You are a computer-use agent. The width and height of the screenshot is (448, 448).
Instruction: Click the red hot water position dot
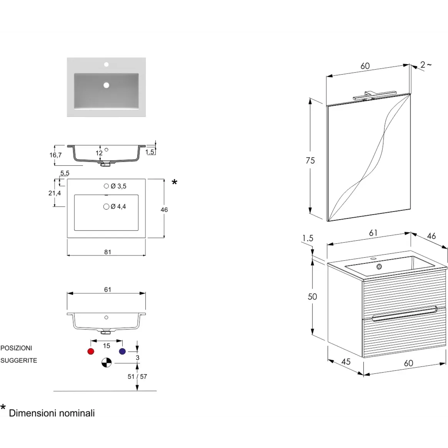(91, 351)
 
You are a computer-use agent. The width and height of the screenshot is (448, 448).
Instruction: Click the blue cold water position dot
(122, 351)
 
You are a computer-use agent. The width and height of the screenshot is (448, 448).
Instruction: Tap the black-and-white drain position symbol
(107, 363)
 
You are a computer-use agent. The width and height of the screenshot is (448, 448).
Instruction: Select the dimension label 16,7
(55, 155)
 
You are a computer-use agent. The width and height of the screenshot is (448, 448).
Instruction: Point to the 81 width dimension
(107, 252)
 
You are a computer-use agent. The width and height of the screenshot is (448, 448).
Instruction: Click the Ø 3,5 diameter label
(118, 186)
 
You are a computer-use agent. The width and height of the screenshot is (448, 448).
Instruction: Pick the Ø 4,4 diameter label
(118, 207)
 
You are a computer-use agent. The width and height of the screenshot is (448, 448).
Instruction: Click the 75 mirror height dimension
(310, 161)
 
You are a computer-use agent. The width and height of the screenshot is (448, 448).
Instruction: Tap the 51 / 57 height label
(137, 376)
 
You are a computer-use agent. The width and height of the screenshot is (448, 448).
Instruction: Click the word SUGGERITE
(19, 361)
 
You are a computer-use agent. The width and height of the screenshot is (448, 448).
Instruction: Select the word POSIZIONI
(16, 348)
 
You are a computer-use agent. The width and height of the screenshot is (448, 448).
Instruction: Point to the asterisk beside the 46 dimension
(174, 182)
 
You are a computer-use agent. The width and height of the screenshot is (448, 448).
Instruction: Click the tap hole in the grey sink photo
(106, 65)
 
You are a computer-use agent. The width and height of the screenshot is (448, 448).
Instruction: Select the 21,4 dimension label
(55, 193)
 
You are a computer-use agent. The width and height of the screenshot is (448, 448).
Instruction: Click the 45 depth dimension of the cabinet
(346, 362)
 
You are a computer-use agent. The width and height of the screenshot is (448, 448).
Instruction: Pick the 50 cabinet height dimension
(312, 296)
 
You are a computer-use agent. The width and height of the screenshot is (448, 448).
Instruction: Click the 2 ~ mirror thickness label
(426, 65)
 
